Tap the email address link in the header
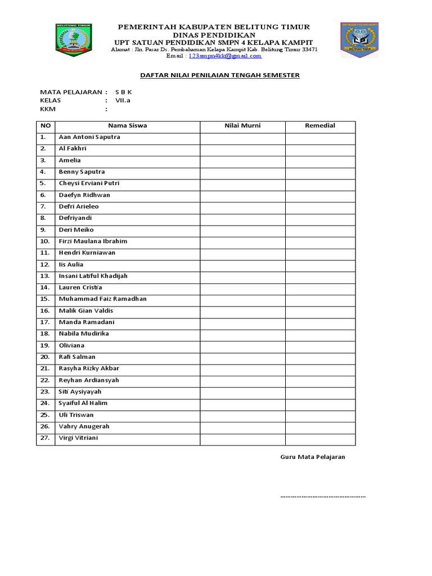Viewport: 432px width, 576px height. click(225, 56)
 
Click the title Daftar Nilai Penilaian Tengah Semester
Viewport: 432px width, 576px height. click(219, 75)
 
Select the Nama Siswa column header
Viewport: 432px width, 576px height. click(128, 125)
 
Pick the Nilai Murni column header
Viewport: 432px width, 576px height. click(242, 125)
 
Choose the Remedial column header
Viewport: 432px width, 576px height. click(320, 125)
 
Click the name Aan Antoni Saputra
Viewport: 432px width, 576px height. click(89, 137)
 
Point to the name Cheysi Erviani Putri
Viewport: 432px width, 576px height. click(89, 183)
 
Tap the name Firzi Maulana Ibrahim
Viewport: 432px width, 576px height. click(93, 241)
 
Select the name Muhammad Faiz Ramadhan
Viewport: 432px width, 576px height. click(102, 299)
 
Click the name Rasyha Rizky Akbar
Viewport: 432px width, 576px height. click(89, 368)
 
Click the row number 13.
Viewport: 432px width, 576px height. click(45, 276)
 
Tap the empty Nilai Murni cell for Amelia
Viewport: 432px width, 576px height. click(242, 160)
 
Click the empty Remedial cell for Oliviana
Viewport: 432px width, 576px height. click(320, 345)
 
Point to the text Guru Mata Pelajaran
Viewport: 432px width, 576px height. click(313, 457)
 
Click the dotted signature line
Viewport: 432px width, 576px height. click(323, 497)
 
